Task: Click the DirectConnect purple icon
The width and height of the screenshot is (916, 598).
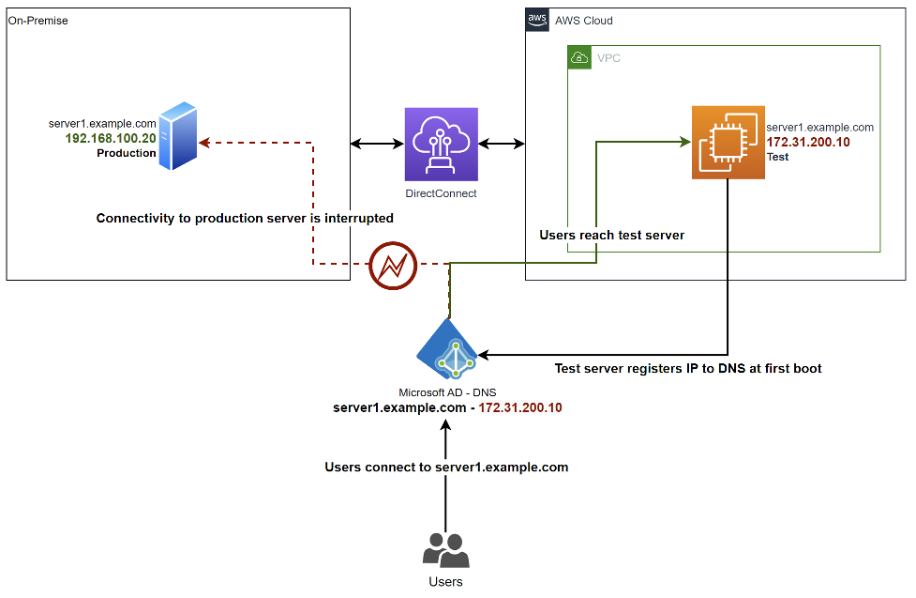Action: pos(441,144)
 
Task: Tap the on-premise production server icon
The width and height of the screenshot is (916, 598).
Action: pos(178,138)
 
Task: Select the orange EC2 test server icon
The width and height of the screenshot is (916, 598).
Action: pos(728,142)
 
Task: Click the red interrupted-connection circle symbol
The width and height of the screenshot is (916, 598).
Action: pos(393,267)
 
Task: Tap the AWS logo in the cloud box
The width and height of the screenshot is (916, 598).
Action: pos(537,20)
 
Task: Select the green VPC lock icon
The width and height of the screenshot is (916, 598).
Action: pos(578,58)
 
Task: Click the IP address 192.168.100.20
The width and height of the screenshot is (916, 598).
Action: pos(111,138)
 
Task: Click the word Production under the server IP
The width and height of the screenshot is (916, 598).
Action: pos(127,153)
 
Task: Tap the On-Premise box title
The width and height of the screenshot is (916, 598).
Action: pos(38,20)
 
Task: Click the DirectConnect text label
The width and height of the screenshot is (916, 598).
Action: pos(441,193)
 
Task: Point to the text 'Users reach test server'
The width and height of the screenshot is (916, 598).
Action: pos(611,235)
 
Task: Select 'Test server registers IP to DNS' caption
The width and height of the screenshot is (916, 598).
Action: pos(688,369)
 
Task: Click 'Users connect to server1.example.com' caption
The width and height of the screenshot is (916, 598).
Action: pos(446,467)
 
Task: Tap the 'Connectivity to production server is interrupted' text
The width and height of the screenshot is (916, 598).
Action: pos(245,218)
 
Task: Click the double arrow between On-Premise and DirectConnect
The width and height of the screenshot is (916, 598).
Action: pos(377,144)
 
